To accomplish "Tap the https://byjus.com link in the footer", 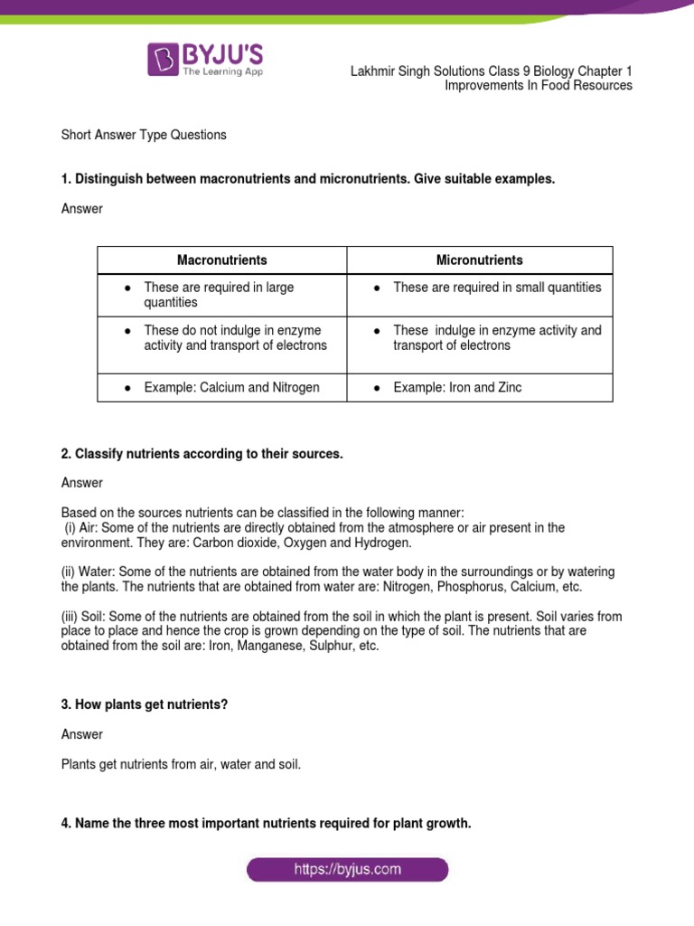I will (x=347, y=870).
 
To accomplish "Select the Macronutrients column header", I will (x=222, y=260).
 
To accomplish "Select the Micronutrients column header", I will (x=479, y=260).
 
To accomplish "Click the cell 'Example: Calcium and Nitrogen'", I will (x=231, y=388).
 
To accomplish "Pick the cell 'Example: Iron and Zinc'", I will (x=457, y=388).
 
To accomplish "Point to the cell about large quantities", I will (x=219, y=295).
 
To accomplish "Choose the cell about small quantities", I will (x=497, y=288).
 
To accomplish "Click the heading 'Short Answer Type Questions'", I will (x=144, y=135).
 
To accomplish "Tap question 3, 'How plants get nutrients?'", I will (x=145, y=704).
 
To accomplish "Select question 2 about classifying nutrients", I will (x=202, y=454).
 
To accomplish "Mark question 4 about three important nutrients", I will (x=266, y=824).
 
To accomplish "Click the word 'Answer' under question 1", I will (x=82, y=209).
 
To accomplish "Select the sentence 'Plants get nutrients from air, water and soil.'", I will (x=181, y=764).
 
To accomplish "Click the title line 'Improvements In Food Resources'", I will (x=539, y=86).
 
